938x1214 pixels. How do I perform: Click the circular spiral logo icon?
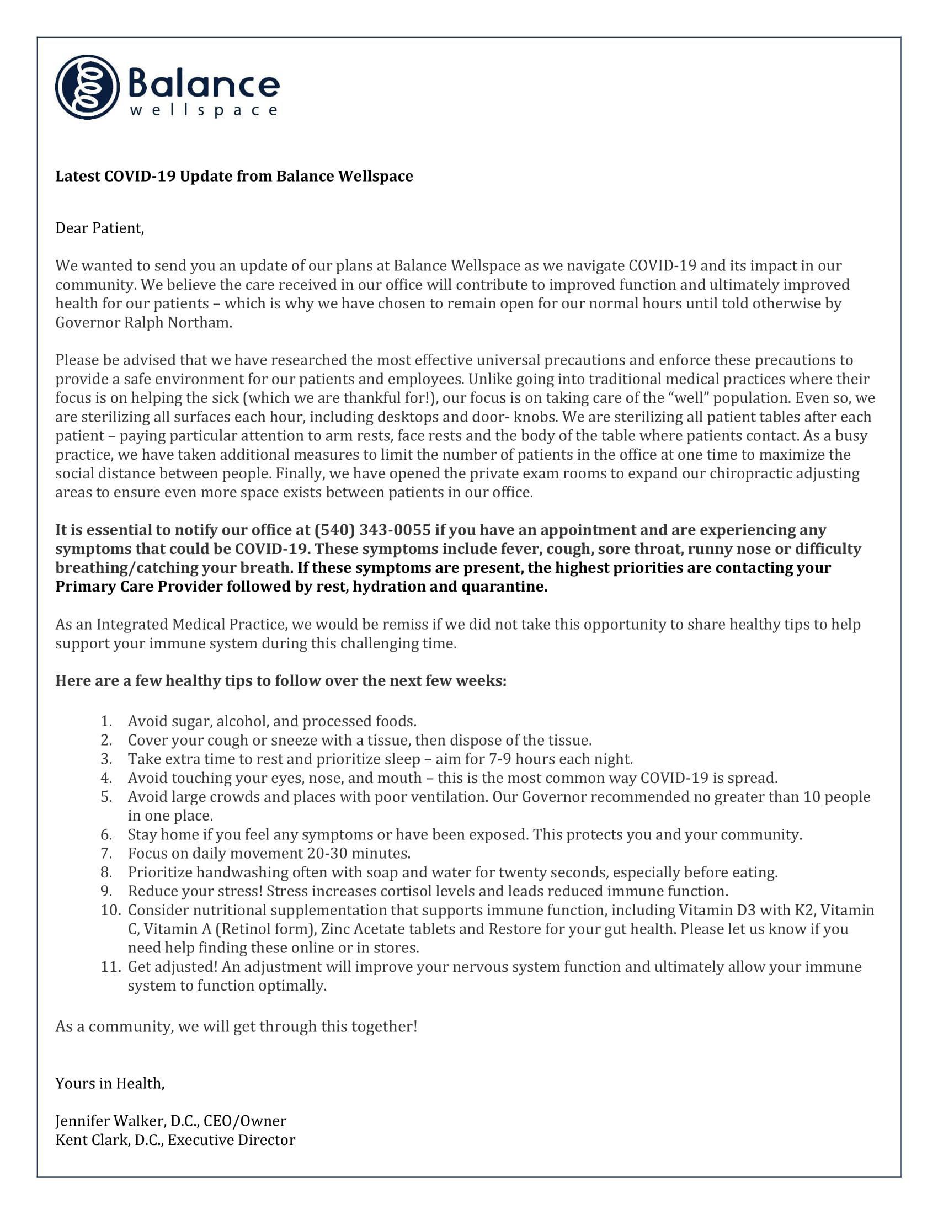[x=87, y=87]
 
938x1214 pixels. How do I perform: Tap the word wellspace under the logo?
[x=204, y=110]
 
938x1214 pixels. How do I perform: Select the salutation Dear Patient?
[x=99, y=228]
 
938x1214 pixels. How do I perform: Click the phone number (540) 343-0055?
[x=372, y=530]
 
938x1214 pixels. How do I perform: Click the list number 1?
[x=106, y=722]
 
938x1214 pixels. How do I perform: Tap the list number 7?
[x=106, y=853]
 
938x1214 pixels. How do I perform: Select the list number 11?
[x=110, y=967]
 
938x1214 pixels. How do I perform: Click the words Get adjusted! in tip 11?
[x=172, y=967]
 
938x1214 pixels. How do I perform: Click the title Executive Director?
[x=231, y=1140]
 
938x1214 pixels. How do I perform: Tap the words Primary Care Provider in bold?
[x=138, y=587]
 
